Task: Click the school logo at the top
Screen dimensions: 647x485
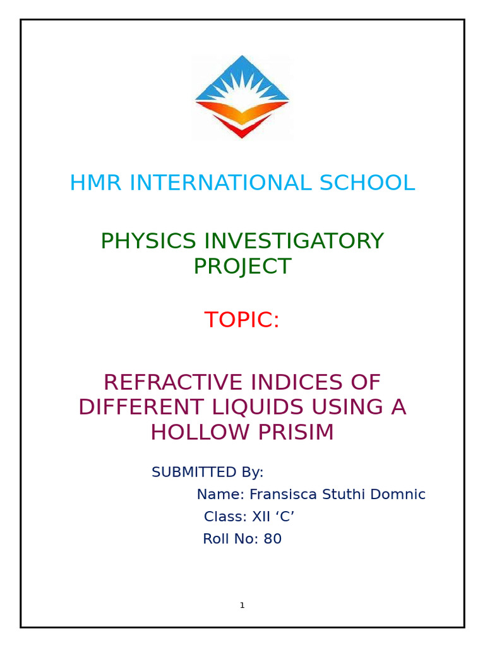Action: tap(242, 97)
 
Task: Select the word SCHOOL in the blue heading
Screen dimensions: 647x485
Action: tap(367, 183)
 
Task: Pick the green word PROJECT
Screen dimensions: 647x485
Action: tap(242, 267)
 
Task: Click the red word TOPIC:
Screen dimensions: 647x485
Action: tap(242, 320)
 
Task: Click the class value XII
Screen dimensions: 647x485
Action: tap(261, 517)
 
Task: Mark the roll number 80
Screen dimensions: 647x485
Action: tap(273, 540)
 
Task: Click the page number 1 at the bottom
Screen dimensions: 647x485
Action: tap(242, 605)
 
